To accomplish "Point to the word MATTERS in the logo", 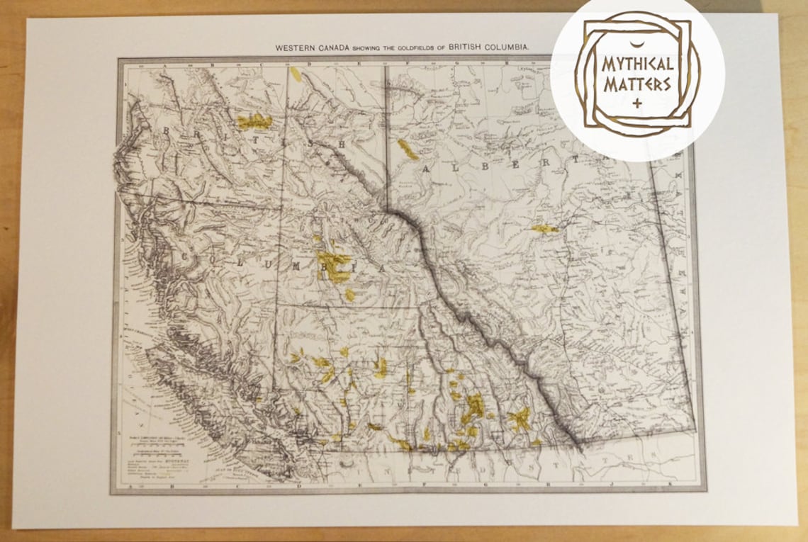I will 636,85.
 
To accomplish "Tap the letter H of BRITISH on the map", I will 341,145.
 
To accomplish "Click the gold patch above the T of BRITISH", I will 254,122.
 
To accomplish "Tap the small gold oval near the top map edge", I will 296,74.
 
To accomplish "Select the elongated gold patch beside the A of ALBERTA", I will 407,149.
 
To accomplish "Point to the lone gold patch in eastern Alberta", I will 544,228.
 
